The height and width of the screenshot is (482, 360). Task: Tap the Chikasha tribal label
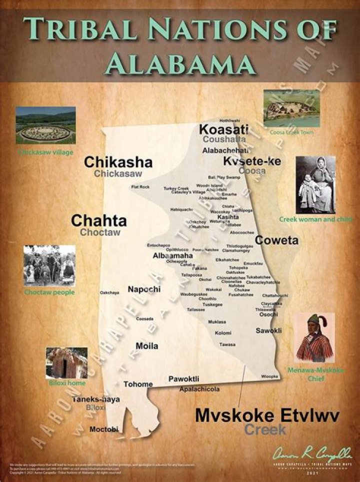(118, 162)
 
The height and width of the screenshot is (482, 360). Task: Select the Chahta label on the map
(99, 221)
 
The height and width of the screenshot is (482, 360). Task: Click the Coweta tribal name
(276, 240)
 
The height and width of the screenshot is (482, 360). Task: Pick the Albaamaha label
(172, 255)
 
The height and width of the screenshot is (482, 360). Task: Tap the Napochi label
(144, 289)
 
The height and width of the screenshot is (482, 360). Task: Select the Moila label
(147, 346)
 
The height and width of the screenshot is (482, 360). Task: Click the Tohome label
(138, 384)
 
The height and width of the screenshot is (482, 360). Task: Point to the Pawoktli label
(184, 378)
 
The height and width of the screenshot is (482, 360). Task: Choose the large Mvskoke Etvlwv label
(267, 415)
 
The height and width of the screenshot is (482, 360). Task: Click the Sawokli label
(268, 330)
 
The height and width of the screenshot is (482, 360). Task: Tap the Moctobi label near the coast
(104, 429)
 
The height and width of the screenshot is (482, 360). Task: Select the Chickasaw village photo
(45, 125)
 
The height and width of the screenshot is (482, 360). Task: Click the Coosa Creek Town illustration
(291, 108)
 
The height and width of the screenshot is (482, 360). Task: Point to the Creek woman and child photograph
(315, 185)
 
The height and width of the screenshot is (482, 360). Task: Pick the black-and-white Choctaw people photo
(49, 265)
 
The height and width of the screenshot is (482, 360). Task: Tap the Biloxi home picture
(66, 362)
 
